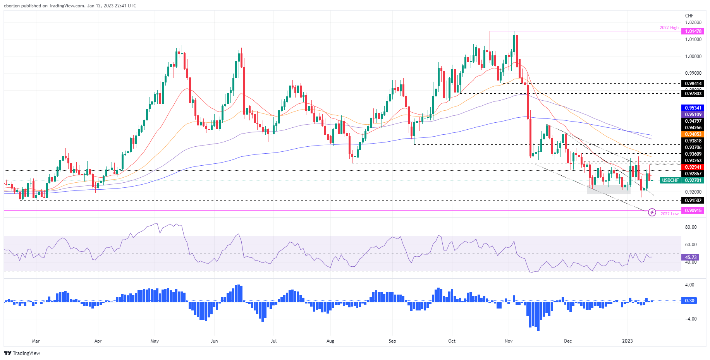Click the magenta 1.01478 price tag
[693, 31]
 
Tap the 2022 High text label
[669, 28]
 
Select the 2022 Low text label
[669, 214]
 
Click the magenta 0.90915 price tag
[693, 211]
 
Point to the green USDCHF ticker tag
[670, 180]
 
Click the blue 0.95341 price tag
[693, 108]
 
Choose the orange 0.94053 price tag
[693, 134]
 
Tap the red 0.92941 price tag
[693, 167]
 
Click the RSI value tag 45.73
[691, 257]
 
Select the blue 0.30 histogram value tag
[689, 300]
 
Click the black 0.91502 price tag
[693, 201]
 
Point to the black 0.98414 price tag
[693, 84]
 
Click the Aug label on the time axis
[330, 341]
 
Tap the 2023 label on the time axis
[627, 341]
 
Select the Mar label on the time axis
[36, 341]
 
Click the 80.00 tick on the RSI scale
[691, 227]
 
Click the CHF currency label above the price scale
[689, 16]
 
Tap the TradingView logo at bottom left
[22, 353]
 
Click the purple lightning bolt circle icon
[652, 212]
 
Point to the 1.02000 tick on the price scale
[693, 22]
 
